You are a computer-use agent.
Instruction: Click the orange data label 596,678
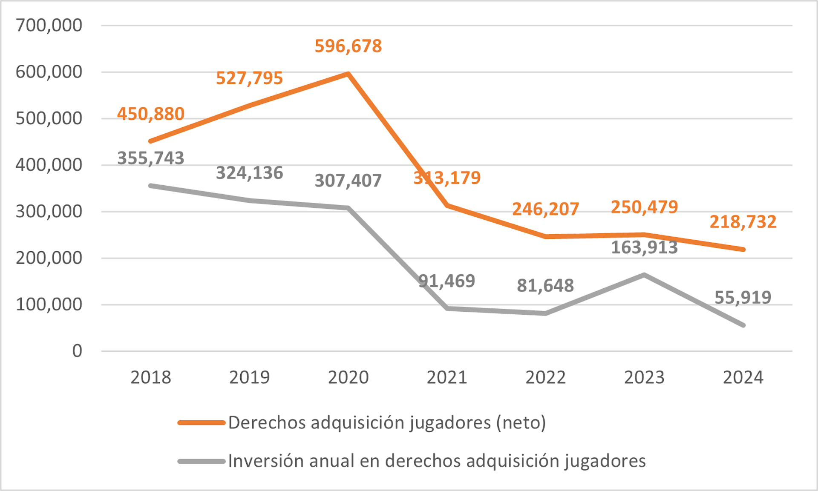pyautogui.click(x=348, y=46)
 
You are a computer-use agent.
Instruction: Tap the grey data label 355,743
pyautogui.click(x=150, y=158)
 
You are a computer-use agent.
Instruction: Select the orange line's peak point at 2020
pyautogui.click(x=348, y=74)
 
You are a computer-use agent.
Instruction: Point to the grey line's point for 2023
pyautogui.click(x=644, y=275)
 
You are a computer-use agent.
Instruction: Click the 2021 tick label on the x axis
pyautogui.click(x=447, y=377)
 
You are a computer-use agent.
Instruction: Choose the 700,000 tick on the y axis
pyautogui.click(x=49, y=25)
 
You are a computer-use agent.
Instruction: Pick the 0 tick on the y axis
pyautogui.click(x=77, y=351)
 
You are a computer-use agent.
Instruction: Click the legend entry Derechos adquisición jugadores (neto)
pyautogui.click(x=387, y=422)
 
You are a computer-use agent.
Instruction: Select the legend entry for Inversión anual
pyautogui.click(x=437, y=461)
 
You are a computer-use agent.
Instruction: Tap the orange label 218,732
pyautogui.click(x=743, y=222)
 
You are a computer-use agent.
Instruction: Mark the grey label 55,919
pyautogui.click(x=743, y=297)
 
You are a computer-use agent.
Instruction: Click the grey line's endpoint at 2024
pyautogui.click(x=743, y=325)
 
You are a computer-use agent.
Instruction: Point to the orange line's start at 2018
pyautogui.click(x=151, y=141)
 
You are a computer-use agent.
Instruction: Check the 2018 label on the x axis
pyautogui.click(x=150, y=377)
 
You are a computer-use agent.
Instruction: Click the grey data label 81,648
pyautogui.click(x=545, y=285)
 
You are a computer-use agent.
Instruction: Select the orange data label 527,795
pyautogui.click(x=249, y=78)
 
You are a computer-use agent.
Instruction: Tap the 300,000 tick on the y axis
pyautogui.click(x=49, y=211)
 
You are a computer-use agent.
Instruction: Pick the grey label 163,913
pyautogui.click(x=644, y=247)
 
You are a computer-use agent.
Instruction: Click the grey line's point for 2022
pyautogui.click(x=545, y=313)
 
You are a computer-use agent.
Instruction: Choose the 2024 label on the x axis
pyautogui.click(x=743, y=377)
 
